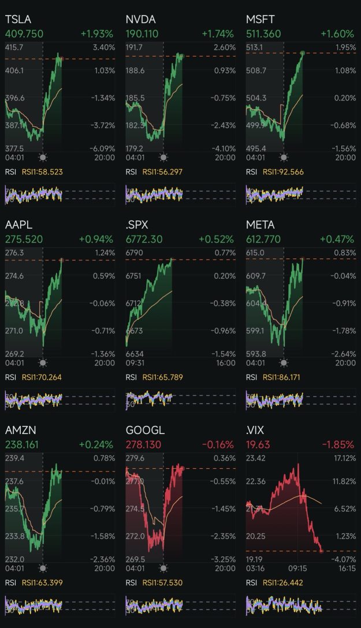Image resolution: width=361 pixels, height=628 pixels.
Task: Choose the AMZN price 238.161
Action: click(23, 444)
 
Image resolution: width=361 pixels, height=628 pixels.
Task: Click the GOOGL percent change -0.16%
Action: click(217, 444)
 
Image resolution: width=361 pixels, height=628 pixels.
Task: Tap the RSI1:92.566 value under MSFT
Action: click(283, 172)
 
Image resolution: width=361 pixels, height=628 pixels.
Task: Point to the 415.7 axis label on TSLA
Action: click(14, 47)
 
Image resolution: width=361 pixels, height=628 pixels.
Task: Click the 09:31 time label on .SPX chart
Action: click(135, 362)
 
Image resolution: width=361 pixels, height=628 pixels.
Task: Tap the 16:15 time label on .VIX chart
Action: click(346, 568)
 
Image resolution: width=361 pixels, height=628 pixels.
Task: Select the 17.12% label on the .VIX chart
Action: click(344, 458)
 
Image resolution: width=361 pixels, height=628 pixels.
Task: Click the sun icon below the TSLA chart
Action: click(43, 158)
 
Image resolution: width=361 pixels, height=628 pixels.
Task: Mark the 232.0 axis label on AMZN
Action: click(14, 559)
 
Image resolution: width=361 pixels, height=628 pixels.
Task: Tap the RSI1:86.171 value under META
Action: click(283, 377)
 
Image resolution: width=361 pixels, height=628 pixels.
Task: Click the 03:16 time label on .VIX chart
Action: click(255, 568)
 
